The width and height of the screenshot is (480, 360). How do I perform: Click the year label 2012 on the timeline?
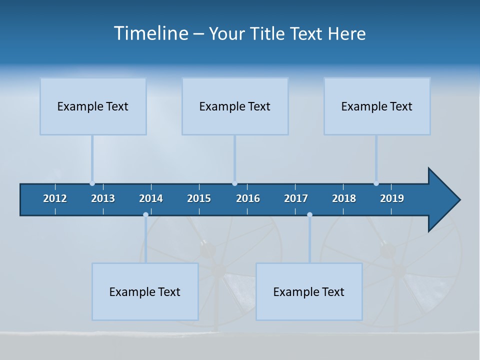click(55, 198)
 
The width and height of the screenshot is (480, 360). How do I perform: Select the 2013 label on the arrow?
click(103, 198)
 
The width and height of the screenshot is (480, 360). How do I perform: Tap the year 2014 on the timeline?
click(151, 198)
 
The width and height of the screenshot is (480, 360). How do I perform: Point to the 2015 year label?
click(199, 198)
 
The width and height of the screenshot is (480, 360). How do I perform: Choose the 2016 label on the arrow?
click(248, 198)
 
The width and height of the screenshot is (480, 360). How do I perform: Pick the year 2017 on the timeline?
click(296, 198)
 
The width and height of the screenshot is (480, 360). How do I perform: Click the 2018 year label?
click(344, 198)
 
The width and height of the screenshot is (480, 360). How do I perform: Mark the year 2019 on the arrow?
click(392, 198)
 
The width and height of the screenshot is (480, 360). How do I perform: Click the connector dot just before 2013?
click(92, 183)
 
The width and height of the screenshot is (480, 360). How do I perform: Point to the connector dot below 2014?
click(145, 214)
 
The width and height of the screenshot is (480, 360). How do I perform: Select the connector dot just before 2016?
click(234, 183)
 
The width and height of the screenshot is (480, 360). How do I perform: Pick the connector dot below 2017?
click(309, 214)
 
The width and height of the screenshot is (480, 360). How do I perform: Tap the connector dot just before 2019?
click(376, 183)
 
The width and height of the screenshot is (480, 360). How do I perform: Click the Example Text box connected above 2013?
click(93, 106)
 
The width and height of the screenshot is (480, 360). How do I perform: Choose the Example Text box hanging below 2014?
click(145, 291)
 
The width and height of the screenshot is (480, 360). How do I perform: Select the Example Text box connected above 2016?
click(235, 106)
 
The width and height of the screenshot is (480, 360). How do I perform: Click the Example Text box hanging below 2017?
click(309, 291)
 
